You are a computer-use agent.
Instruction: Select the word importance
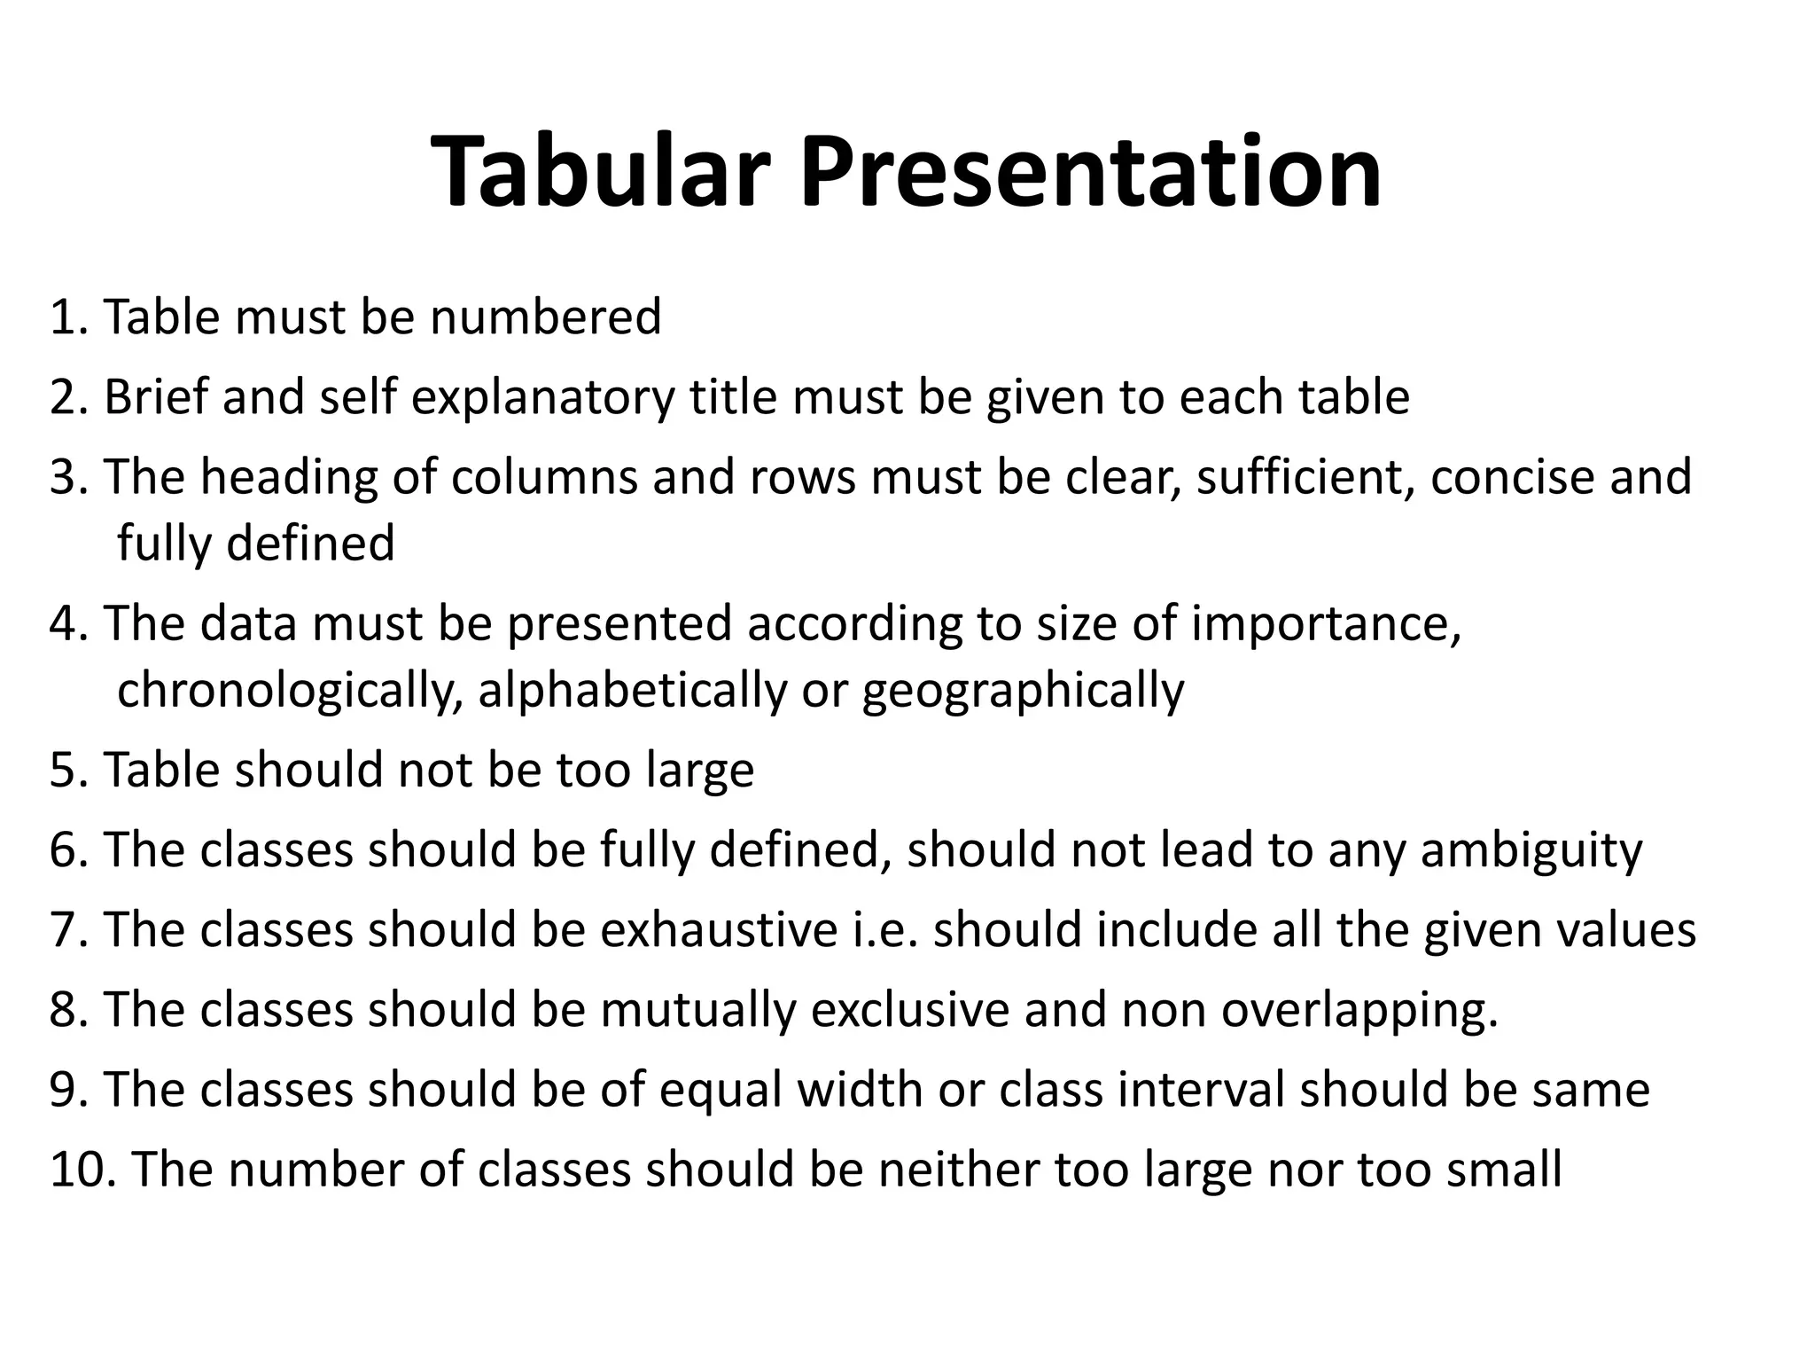click(1326, 624)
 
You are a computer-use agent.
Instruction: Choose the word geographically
click(1023, 692)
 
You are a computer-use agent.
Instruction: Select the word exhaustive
click(719, 929)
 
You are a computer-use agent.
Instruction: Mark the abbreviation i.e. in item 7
click(884, 929)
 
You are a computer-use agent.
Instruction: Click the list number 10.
click(82, 1169)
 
